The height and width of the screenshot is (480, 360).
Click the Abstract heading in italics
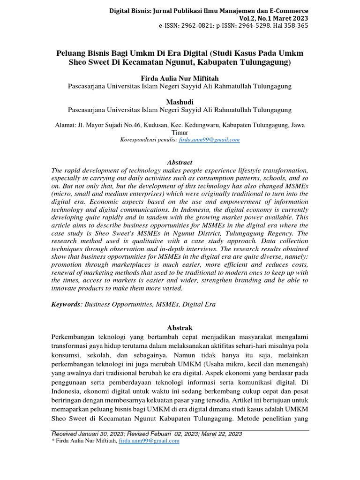[x=180, y=162]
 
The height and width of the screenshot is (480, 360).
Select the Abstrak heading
[x=180, y=327]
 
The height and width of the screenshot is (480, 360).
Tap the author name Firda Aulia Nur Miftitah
[x=180, y=78]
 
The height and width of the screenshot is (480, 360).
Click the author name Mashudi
[x=180, y=102]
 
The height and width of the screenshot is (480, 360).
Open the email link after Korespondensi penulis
[x=210, y=140]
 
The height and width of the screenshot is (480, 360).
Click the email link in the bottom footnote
[x=149, y=441]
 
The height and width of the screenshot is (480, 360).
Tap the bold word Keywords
[x=65, y=304]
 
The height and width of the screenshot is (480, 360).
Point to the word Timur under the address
[x=180, y=133]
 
